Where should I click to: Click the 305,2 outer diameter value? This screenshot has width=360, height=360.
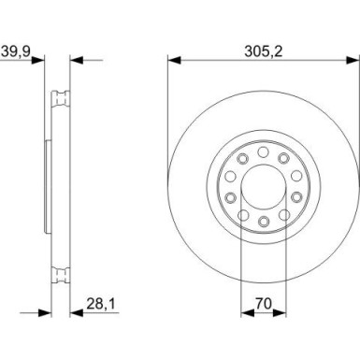tap(263, 43)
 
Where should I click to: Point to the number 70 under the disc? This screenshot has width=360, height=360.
tap(263, 302)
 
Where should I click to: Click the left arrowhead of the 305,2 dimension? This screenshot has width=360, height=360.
tap(173, 59)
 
